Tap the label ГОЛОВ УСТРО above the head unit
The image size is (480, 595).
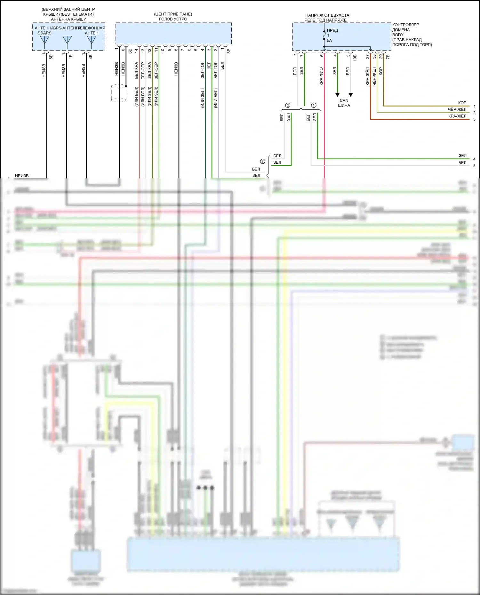[x=173, y=19]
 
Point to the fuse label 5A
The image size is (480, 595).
[x=329, y=41]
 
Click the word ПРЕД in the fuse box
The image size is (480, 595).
[x=332, y=30]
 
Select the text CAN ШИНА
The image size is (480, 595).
[x=344, y=103]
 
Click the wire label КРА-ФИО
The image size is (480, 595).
[x=321, y=76]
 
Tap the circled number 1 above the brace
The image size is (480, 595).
[x=314, y=105]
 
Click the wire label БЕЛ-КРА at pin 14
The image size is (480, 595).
[x=137, y=70]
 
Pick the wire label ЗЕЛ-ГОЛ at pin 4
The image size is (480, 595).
[x=203, y=70]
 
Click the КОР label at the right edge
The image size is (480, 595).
[x=462, y=103]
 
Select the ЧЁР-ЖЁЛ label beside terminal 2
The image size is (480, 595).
[x=457, y=109]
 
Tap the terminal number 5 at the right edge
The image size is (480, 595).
[x=474, y=166]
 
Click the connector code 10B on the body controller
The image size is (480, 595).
[x=355, y=58]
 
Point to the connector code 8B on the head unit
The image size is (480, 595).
[x=229, y=51]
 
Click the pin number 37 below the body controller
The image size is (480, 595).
[x=368, y=56]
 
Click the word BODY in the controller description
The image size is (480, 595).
[x=398, y=35]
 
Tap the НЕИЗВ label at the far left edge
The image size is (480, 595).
[x=22, y=176]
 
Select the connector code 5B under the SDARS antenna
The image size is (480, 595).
[x=51, y=56]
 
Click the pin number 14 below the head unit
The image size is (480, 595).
[x=137, y=50]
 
